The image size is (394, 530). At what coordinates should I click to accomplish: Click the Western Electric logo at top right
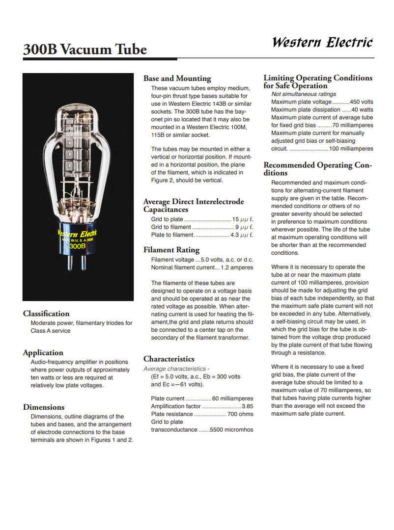pos(322,42)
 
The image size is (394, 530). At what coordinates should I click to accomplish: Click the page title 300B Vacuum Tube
pos(84,50)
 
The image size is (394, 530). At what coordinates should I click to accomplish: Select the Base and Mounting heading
pos(177,79)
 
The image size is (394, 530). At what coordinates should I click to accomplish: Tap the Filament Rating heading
pos(171,250)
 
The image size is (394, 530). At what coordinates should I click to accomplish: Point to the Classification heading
pos(46,314)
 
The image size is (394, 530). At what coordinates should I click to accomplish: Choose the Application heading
pos(43,352)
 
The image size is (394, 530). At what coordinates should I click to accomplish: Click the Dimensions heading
pos(44,407)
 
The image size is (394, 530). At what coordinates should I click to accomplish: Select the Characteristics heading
pos(169,359)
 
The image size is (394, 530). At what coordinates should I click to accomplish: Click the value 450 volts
pos(362,102)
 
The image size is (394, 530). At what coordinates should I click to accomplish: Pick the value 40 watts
pos(362,109)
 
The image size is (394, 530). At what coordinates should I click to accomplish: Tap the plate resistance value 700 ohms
pos(240,414)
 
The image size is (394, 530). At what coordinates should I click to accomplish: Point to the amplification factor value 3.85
pos(247,406)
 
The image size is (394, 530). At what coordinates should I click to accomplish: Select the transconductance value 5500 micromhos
pos(231,430)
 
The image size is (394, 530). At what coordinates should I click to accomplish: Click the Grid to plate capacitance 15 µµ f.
pos(243,219)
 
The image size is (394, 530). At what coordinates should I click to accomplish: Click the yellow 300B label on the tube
pos(77,246)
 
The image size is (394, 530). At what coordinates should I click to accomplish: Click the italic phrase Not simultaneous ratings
pos(304,94)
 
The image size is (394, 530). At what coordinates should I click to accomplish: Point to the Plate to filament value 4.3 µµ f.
pos(242,235)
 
